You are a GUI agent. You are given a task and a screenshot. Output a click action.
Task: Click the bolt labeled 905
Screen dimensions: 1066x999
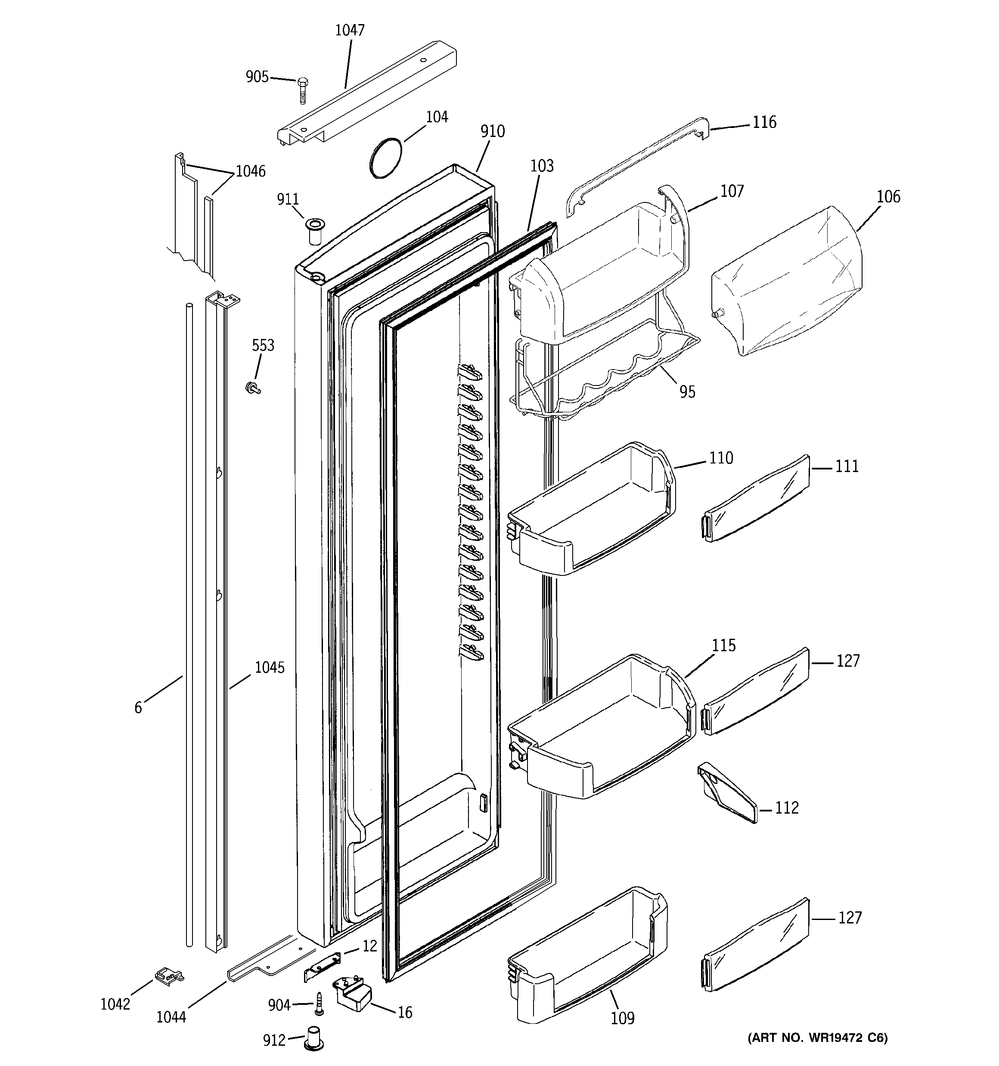[302, 90]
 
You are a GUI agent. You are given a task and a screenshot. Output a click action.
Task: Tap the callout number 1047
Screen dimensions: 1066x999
[350, 30]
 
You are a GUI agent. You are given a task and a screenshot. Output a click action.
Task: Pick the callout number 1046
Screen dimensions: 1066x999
[251, 171]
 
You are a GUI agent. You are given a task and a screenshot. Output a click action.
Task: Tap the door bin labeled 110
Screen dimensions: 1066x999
[590, 510]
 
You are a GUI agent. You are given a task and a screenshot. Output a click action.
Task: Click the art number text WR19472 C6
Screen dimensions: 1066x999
[817, 1038]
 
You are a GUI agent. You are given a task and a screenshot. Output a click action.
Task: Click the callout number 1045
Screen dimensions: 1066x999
[269, 668]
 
